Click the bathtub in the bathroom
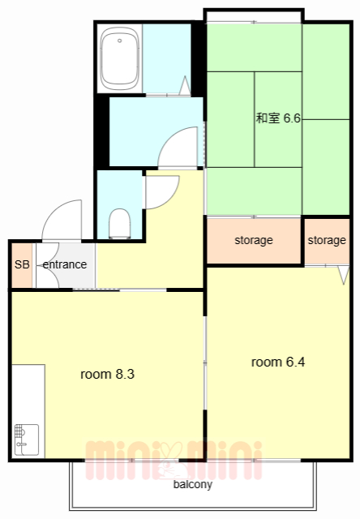coord(119,59)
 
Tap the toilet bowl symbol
coord(119,223)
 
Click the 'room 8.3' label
coord(107,375)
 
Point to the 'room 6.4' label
coord(278,362)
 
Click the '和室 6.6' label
coord(278,118)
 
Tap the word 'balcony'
coord(193,486)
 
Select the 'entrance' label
coord(65,265)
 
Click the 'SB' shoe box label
coord(21,265)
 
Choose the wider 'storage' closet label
coord(254,241)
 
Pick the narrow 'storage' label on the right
coord(327,241)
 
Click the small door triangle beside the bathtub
coord(185,86)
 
